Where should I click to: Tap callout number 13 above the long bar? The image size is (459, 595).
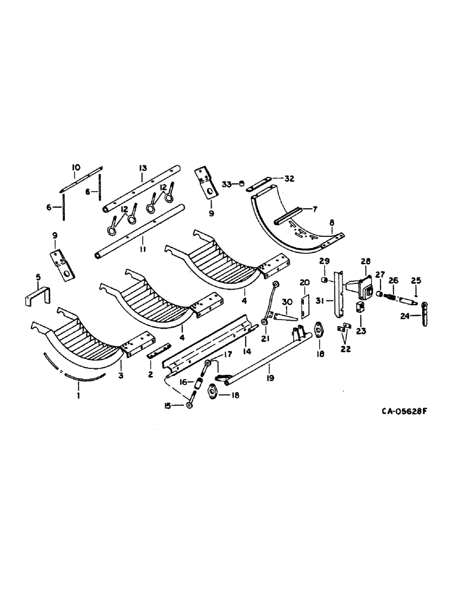coord(142,168)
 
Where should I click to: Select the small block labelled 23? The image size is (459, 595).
coord(360,309)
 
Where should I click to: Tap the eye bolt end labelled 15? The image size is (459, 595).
coord(188,405)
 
